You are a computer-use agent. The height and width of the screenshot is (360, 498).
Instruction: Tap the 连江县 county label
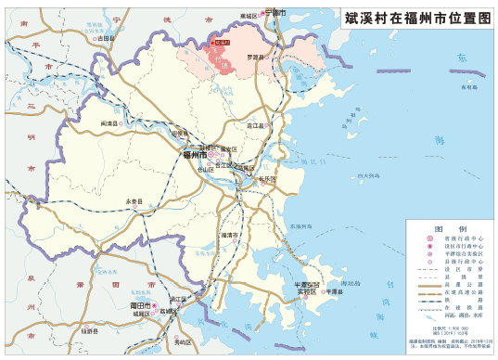pyautogui.click(x=256, y=125)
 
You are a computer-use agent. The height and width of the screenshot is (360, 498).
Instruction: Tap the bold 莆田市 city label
pyautogui.click(x=141, y=304)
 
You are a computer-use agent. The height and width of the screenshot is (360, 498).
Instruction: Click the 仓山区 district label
pyautogui.click(x=206, y=171)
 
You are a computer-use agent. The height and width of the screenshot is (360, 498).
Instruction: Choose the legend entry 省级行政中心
pyautogui.click(x=457, y=238)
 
